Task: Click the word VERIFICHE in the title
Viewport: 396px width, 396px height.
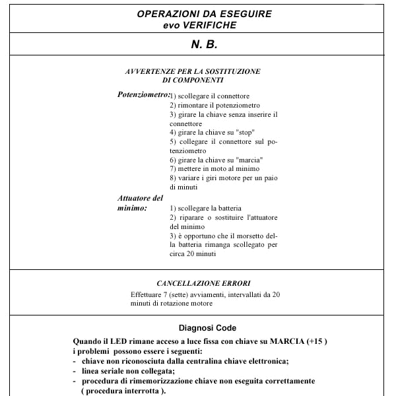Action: point(209,25)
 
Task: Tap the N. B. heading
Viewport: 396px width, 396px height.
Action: point(205,44)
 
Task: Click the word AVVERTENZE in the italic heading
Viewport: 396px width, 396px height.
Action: point(150,71)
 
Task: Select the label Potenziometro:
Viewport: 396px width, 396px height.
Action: point(144,94)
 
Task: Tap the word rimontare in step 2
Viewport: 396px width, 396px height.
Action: point(193,105)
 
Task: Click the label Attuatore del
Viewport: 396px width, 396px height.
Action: point(140,198)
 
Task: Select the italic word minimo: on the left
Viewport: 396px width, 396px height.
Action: point(132,208)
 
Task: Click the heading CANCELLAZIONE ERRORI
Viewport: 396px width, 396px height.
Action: point(203,283)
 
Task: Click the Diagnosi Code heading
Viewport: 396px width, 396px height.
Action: point(208,328)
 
